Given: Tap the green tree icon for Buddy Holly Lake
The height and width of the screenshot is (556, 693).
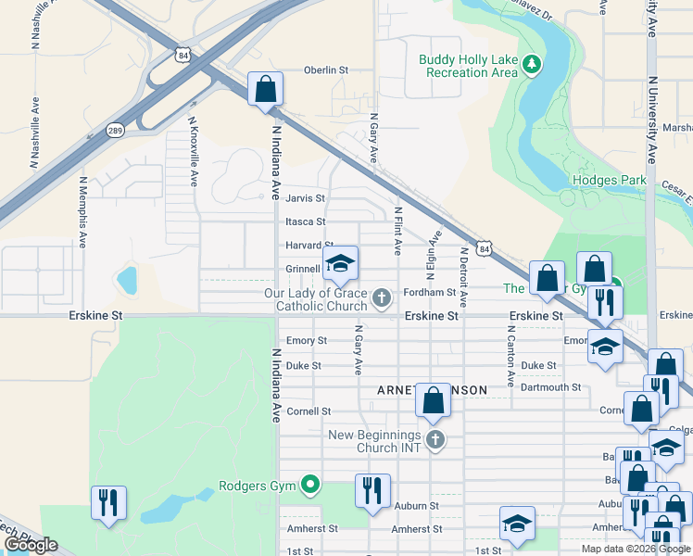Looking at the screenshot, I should [x=531, y=64].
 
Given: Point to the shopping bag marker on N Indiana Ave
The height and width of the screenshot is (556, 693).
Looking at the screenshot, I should [x=265, y=90].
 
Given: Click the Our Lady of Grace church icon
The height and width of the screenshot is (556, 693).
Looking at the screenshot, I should [x=381, y=298].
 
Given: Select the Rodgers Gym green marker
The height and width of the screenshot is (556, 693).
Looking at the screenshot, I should [x=311, y=485].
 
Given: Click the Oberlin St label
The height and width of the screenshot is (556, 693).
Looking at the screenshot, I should [x=326, y=69].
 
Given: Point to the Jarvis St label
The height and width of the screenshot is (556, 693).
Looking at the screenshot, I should [x=305, y=198].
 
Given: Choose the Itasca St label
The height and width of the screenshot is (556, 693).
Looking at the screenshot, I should [x=305, y=221].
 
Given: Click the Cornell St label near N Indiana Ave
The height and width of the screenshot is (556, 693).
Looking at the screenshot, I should [x=309, y=411].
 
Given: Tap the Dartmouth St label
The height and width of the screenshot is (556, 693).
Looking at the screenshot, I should [x=550, y=387].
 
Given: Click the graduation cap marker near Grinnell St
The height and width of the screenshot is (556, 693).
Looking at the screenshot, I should [x=340, y=264].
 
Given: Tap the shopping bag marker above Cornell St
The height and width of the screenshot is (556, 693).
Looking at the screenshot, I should [x=433, y=401].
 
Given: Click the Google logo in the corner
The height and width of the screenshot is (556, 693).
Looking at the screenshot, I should [x=31, y=545].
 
